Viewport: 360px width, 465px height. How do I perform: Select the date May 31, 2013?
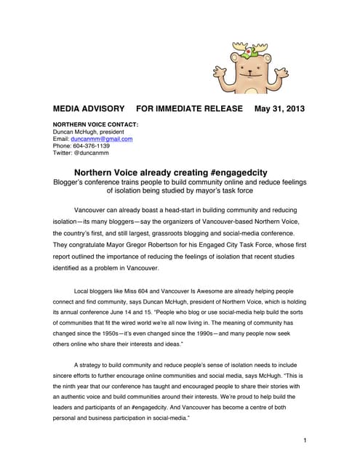[x=279, y=109]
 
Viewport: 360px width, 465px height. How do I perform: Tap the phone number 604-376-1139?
[x=90, y=146]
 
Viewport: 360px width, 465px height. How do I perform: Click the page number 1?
[x=304, y=441]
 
